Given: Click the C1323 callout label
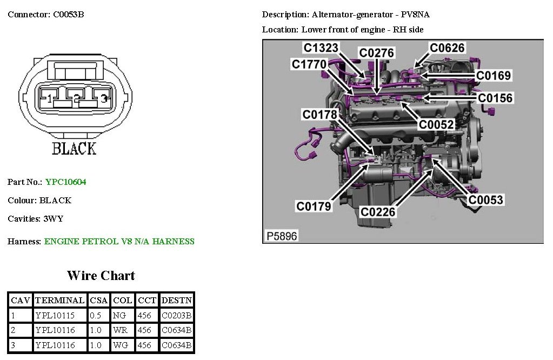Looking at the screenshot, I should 321,48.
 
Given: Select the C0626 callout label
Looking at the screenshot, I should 447,48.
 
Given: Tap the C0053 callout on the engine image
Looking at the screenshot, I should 485,200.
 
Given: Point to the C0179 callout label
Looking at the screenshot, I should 314,206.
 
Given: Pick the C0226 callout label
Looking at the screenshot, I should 378,212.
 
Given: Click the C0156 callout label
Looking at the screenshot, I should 495,98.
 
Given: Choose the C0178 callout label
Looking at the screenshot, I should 319,114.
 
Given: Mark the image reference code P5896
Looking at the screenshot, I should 282,236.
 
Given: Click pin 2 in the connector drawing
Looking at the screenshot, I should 77,98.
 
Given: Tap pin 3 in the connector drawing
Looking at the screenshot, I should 104,98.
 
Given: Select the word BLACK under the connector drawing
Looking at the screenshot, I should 74,149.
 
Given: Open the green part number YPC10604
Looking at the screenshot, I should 65,182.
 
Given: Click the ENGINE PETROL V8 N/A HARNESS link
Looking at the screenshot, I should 119,242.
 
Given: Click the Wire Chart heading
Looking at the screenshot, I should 101,276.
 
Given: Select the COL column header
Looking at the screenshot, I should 122,300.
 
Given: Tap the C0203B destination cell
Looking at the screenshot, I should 176,315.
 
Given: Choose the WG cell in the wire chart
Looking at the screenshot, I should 119,345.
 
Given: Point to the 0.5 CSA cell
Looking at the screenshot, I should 98,315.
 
